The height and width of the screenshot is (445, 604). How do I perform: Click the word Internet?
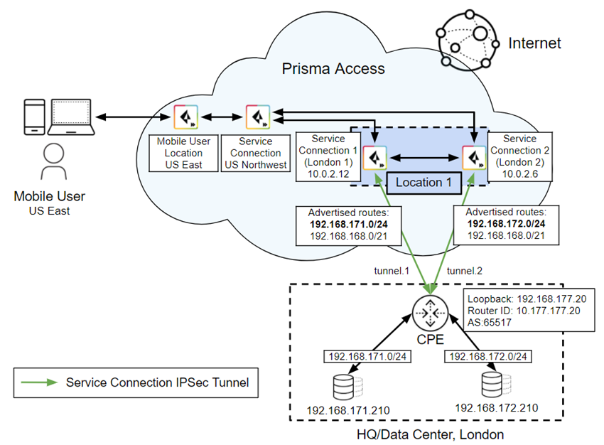(534, 43)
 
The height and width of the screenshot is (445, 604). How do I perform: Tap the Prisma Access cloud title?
(333, 69)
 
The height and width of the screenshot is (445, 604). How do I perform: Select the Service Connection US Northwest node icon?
(257, 117)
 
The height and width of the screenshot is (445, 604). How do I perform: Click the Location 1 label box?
(424, 182)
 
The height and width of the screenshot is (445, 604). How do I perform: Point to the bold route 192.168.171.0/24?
(345, 224)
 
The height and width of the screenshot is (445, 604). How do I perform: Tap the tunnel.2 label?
(465, 271)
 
